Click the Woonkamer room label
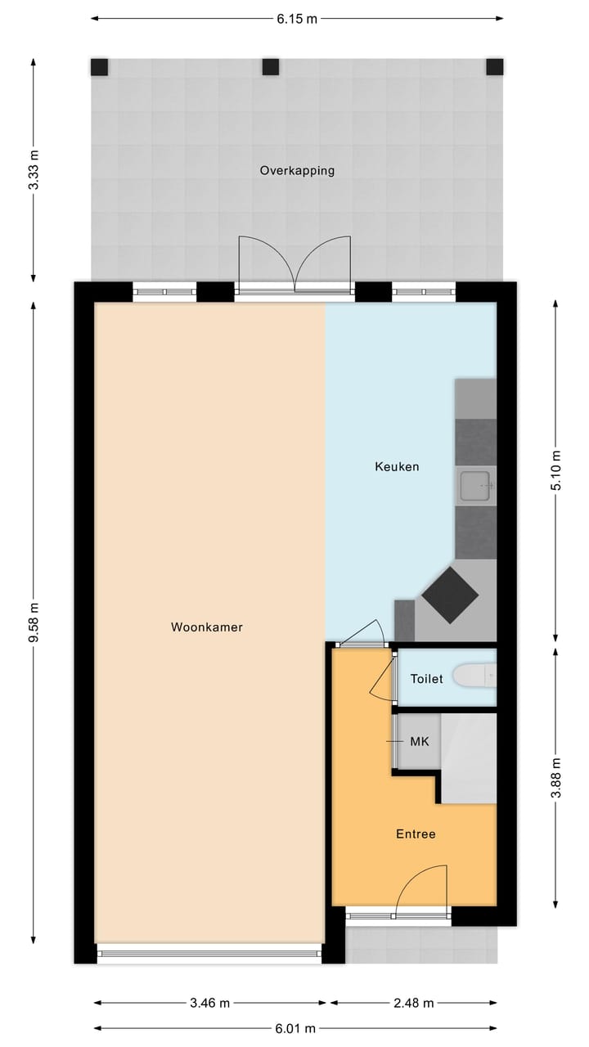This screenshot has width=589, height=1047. pyautogui.click(x=207, y=627)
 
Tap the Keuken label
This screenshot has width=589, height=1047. pyautogui.click(x=397, y=467)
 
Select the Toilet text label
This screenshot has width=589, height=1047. pyautogui.click(x=426, y=679)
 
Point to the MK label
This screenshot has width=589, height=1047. pyautogui.click(x=419, y=742)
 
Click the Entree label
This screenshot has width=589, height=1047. pyautogui.click(x=416, y=834)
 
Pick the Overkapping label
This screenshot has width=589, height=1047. pyautogui.click(x=297, y=171)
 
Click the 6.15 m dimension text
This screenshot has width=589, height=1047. pyautogui.click(x=296, y=19)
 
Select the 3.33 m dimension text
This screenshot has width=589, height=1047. pyautogui.click(x=34, y=170)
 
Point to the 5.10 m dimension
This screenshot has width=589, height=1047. pyautogui.click(x=556, y=471)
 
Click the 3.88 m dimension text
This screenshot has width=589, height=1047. pyautogui.click(x=556, y=778)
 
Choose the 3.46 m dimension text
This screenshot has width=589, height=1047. pyautogui.click(x=209, y=1003)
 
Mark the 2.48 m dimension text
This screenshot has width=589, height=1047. pyautogui.click(x=413, y=1003)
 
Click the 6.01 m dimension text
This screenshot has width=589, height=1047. pyautogui.click(x=296, y=1029)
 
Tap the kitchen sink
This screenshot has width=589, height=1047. pyautogui.click(x=475, y=487)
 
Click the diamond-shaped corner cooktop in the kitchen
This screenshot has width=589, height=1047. pyautogui.click(x=450, y=595)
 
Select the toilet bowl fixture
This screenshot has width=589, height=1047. pyautogui.click(x=474, y=676)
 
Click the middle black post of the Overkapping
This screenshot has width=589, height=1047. pyautogui.click(x=270, y=66)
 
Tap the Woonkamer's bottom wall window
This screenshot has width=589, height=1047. pyautogui.click(x=209, y=953)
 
